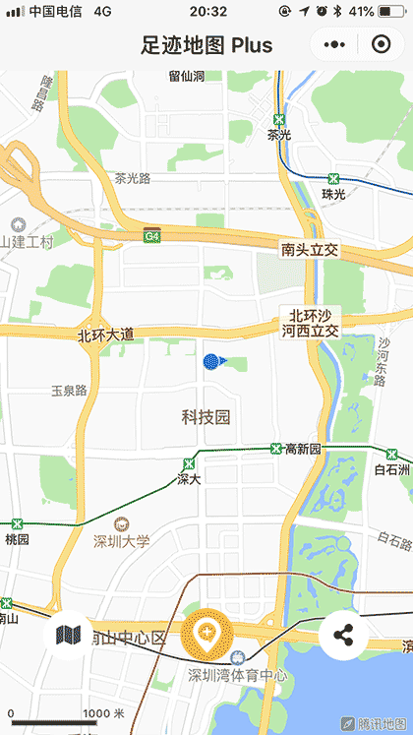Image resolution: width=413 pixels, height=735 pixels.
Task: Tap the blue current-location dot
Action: click(210, 361)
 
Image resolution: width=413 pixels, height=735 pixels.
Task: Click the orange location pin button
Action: click(206, 633)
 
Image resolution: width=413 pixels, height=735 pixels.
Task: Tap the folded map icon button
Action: click(68, 635)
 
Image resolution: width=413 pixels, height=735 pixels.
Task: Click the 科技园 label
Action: click(206, 417)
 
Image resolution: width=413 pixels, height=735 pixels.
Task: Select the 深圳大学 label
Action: click(121, 540)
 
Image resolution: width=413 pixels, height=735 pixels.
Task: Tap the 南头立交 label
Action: click(309, 250)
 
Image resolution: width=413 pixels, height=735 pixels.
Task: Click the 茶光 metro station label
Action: click(279, 135)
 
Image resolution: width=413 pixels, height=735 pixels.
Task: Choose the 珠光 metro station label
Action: click(334, 194)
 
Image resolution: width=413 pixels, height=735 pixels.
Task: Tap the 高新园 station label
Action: click(303, 450)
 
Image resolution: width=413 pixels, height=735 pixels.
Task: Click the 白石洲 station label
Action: click(392, 469)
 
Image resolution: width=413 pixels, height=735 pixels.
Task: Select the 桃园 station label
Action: click(18, 539)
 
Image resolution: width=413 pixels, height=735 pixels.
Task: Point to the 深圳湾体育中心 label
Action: click(238, 675)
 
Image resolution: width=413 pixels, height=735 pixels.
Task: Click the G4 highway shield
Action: click(151, 236)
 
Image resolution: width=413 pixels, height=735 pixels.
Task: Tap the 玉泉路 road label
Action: click(69, 391)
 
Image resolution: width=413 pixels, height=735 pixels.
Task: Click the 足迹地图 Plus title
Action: click(206, 45)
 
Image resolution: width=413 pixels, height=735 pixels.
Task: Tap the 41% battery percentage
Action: click(361, 12)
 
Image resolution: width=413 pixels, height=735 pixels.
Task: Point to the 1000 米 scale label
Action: click(103, 713)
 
